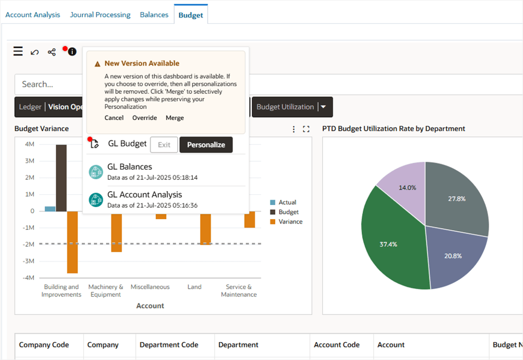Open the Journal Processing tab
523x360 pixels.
point(100,15)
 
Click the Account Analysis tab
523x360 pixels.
point(33,15)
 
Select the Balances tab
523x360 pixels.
point(154,15)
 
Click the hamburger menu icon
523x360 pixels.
point(18,51)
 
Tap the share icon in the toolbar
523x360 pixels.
point(52,52)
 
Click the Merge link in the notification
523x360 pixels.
point(175,118)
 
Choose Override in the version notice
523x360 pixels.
point(144,118)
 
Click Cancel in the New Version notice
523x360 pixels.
point(114,118)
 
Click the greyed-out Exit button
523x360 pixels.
point(164,145)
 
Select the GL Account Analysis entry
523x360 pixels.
point(144,195)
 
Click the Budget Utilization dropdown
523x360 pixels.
point(292,107)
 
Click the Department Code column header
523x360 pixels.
point(169,345)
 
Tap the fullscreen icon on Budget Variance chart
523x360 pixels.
point(306,129)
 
